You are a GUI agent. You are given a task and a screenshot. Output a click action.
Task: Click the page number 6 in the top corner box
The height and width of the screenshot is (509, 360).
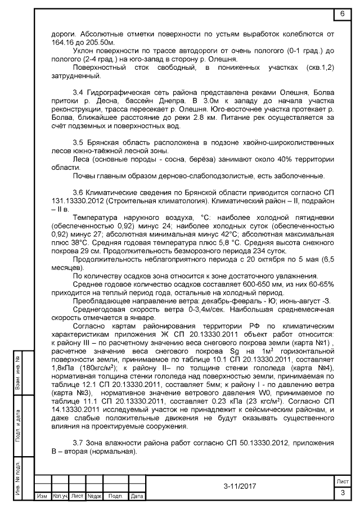coord(342,13)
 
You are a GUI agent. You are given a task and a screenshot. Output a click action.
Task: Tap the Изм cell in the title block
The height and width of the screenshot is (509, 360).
coord(42,497)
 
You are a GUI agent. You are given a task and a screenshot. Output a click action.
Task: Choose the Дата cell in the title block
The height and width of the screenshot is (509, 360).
coord(137,497)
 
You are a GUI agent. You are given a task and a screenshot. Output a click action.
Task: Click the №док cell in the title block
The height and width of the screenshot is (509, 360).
coord(94,497)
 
